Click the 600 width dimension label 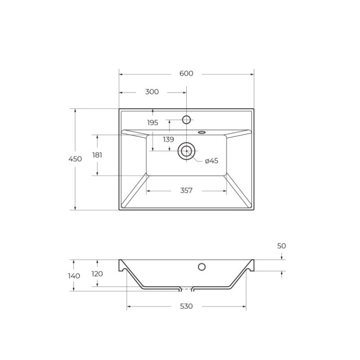(x=186, y=73)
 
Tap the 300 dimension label (x=152, y=92)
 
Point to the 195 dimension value (x=153, y=122)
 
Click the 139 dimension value (x=168, y=140)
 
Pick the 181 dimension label (x=97, y=155)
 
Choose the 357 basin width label (x=186, y=191)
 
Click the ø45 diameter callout (x=211, y=161)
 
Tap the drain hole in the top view (x=186, y=151)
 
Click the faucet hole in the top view (x=187, y=119)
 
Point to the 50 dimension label (x=282, y=246)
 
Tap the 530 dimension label (x=186, y=306)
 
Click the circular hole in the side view (x=202, y=266)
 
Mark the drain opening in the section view (x=186, y=289)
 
